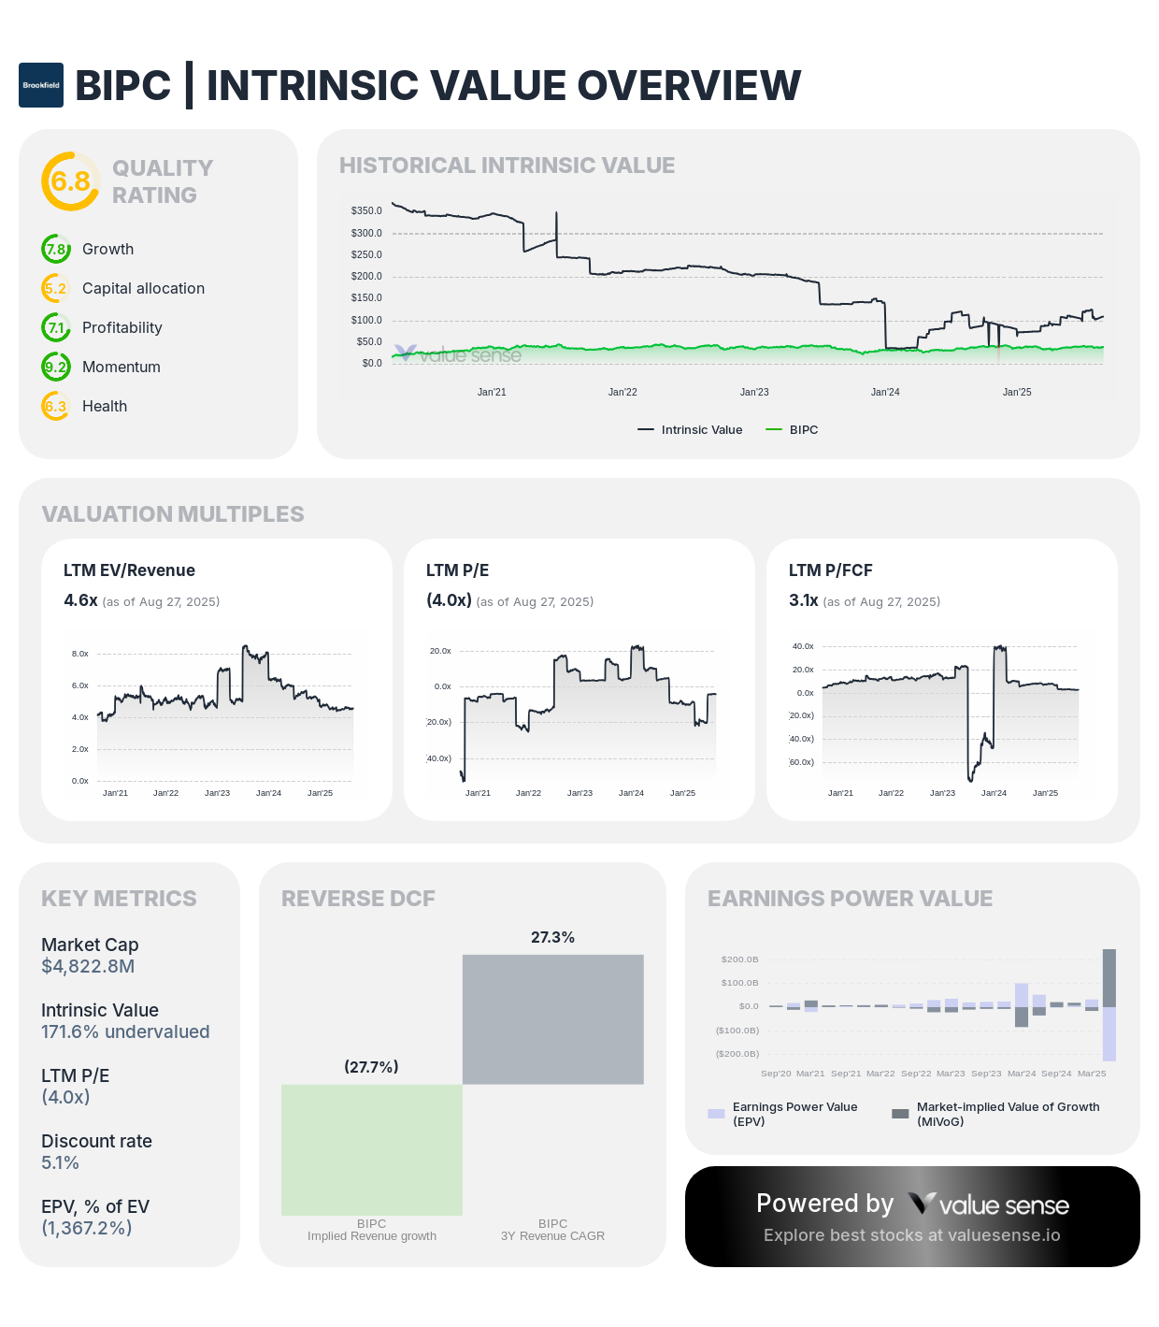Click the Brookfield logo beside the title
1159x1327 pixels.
pos(41,85)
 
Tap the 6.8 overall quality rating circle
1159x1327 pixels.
pos(70,180)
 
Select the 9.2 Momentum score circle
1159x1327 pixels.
pos(56,367)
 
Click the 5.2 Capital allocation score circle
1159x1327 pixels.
pos(56,288)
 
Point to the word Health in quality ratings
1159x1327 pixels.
pos(104,406)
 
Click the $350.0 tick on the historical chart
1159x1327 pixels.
pos(366,210)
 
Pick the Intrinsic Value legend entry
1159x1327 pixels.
pos(691,430)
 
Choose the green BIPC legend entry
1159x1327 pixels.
pos(792,430)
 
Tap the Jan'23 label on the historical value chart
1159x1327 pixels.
pos(754,392)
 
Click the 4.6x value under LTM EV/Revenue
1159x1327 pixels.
pos(80,600)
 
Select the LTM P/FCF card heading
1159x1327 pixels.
pos(830,570)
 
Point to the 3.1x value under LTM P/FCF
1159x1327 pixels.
pos(803,600)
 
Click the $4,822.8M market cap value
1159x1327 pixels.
pos(88,966)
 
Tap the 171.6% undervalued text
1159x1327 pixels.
pos(125,1031)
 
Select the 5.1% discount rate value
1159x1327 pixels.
pos(60,1162)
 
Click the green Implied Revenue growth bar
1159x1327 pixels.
pos(372,1149)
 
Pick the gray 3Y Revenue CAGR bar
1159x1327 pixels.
pos(553,1019)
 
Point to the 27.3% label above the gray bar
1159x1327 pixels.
pos(552,937)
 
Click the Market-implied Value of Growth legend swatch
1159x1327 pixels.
pos(900,1114)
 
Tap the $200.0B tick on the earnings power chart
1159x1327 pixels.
pos(739,959)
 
